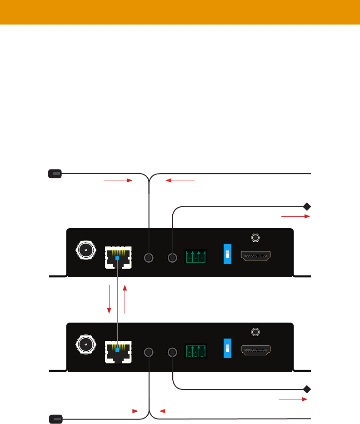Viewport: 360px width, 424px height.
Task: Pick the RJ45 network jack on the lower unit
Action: tap(118, 352)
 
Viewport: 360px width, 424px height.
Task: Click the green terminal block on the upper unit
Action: tap(195, 257)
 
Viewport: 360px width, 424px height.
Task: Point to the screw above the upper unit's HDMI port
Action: tap(255, 238)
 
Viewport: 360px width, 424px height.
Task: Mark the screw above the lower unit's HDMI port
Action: tap(255, 332)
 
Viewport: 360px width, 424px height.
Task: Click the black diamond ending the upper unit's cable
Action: tap(307, 207)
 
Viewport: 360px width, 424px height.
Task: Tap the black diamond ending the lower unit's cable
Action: tap(307, 389)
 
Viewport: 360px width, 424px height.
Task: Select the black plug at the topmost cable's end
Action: tap(55, 173)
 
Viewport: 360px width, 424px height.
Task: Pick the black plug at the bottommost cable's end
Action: tap(55, 419)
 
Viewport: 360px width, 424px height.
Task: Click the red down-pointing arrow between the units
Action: tap(110, 299)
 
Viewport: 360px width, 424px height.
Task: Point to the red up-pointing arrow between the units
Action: tap(125, 299)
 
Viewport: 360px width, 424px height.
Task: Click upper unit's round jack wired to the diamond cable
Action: tap(172, 258)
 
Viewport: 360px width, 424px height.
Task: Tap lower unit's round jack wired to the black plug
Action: tap(149, 352)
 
